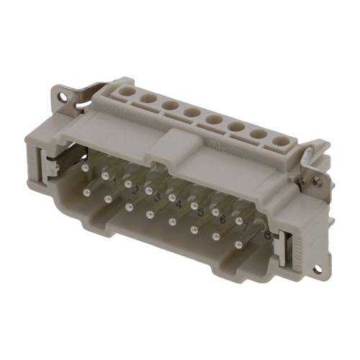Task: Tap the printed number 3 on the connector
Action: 157,197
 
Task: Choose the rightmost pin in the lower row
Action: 239,245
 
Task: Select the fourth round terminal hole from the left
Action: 192,112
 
